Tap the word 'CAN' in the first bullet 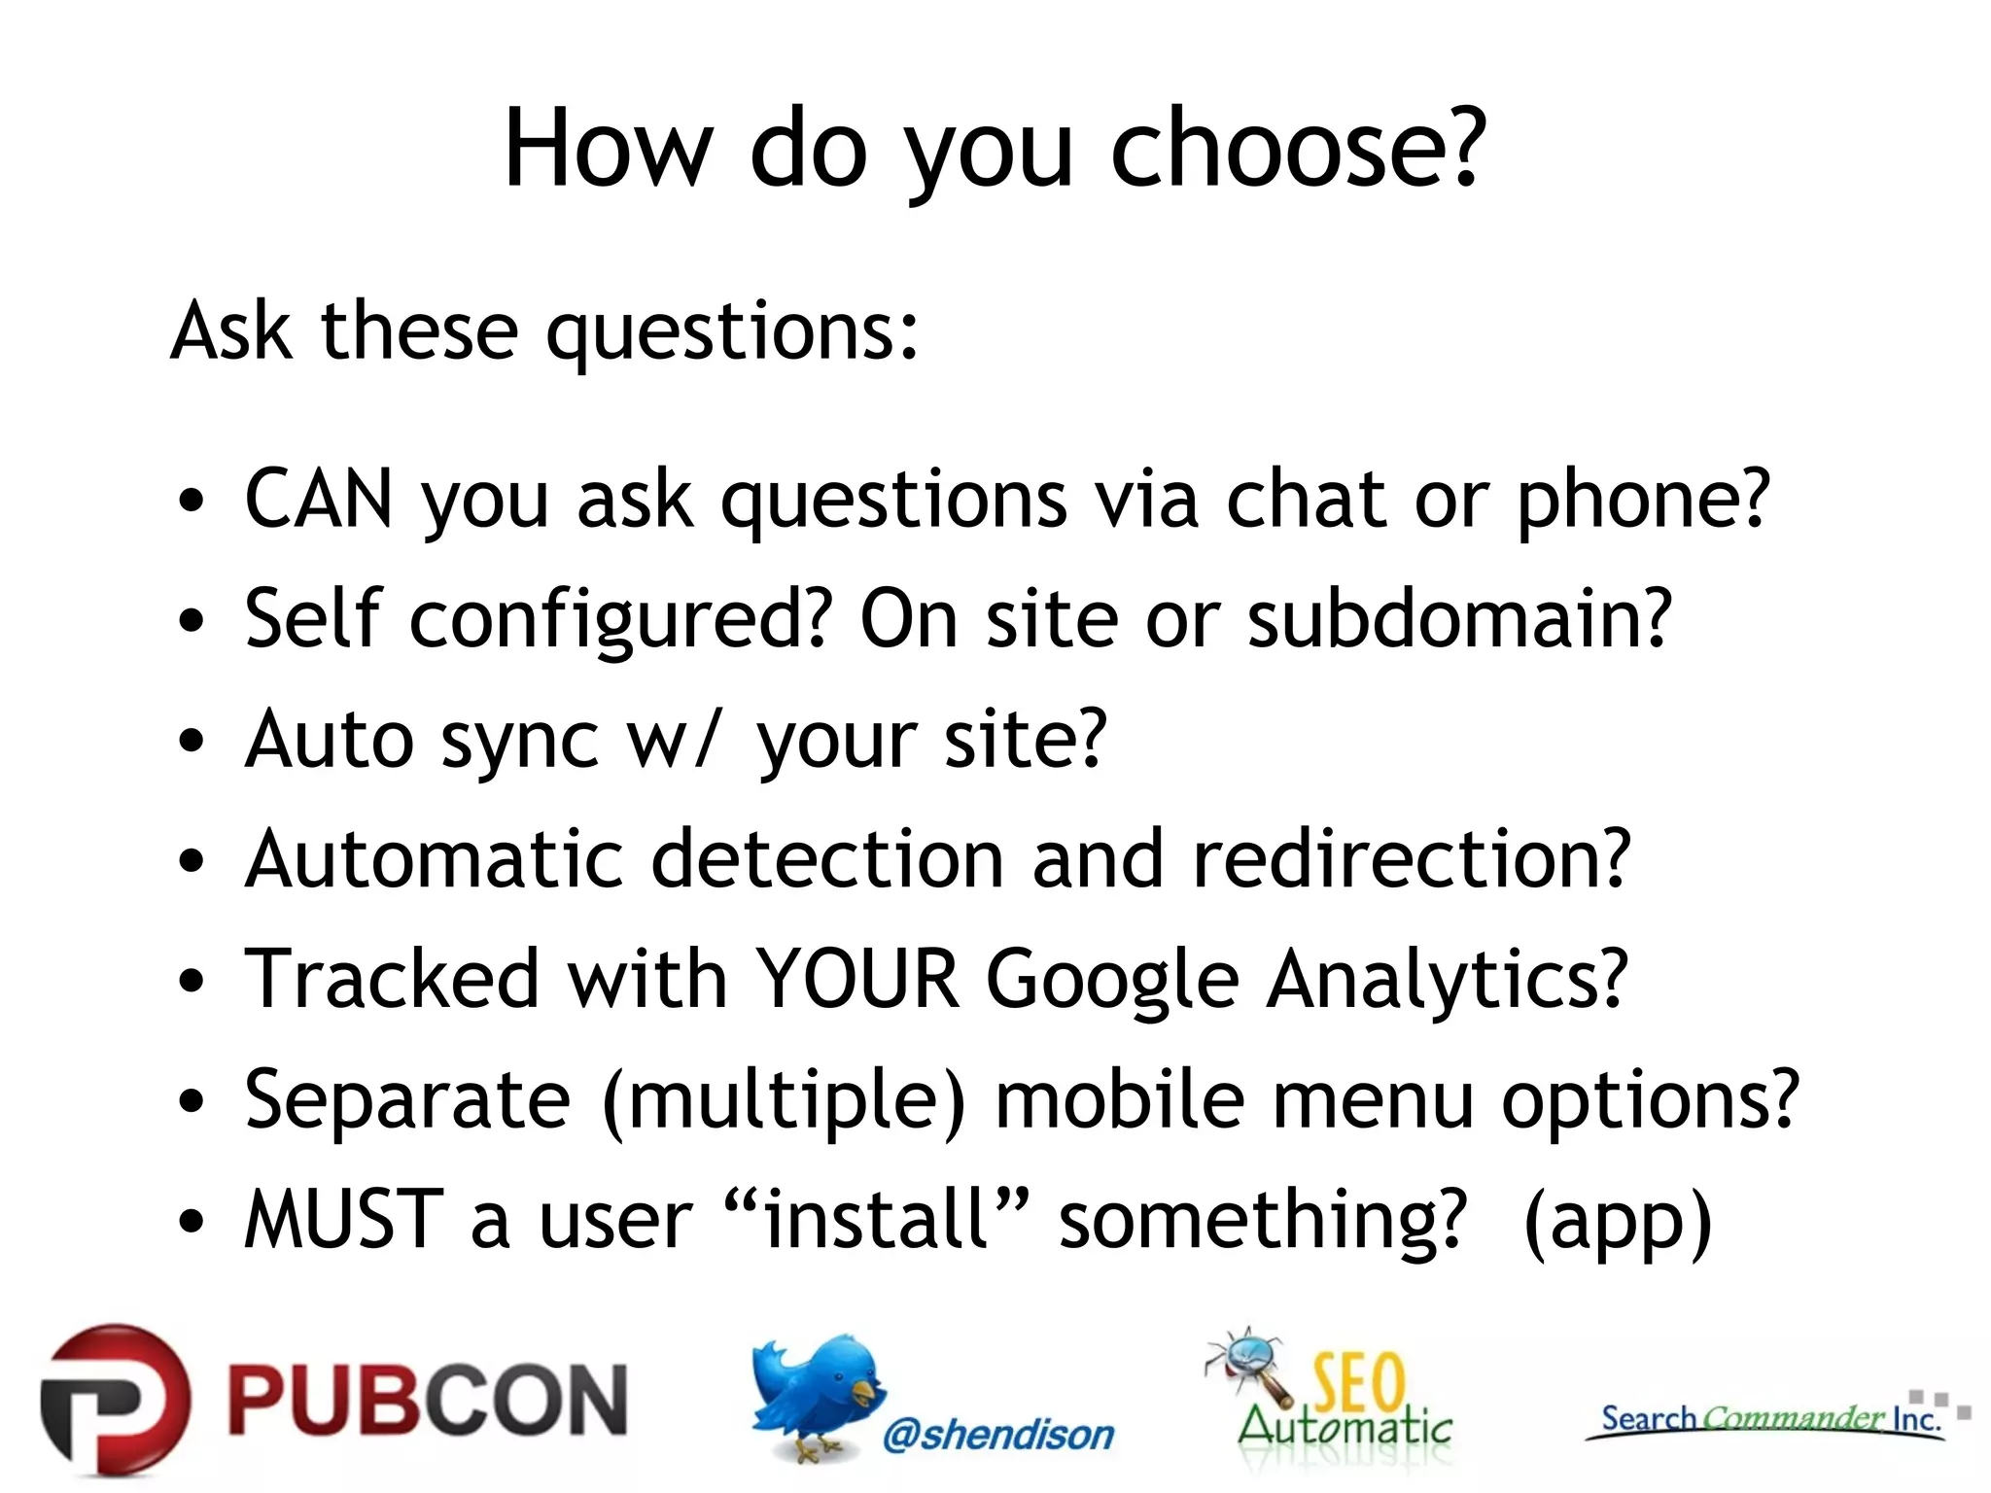coord(319,500)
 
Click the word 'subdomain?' coord(1459,620)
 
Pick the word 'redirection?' coord(1411,860)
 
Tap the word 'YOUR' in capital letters coord(857,980)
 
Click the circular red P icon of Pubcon coord(115,1400)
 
